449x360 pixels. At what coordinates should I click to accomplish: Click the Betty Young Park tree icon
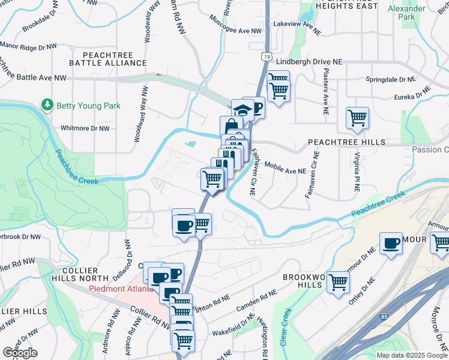point(47,105)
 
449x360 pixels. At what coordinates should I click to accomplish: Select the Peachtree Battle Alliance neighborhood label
point(108,58)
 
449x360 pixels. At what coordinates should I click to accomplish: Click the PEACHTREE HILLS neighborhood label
point(346,142)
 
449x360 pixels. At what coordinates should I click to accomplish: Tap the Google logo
point(20,352)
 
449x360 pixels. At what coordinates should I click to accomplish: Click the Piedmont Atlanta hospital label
point(122,288)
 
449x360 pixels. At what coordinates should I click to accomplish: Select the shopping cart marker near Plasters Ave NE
point(357,118)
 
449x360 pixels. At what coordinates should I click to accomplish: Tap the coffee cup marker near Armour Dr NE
point(391,244)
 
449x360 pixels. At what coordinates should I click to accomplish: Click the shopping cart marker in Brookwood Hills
point(339,281)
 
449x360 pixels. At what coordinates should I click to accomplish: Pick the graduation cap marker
point(242,110)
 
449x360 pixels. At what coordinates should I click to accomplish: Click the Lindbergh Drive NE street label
point(309,62)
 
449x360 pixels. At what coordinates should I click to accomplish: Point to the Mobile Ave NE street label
point(285,170)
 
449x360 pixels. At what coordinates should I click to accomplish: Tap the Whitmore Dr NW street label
point(85,128)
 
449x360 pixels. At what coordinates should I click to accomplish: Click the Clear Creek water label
point(284,327)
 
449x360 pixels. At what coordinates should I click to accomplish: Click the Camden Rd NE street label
point(256,300)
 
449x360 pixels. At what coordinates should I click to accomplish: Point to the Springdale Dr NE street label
point(391,79)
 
